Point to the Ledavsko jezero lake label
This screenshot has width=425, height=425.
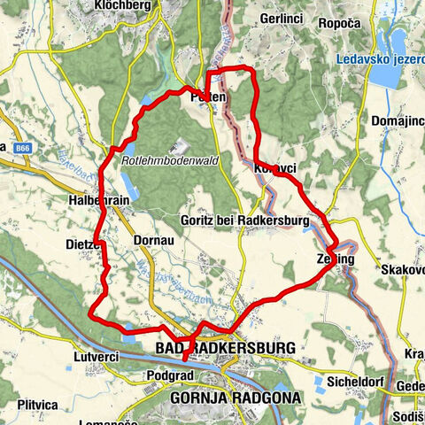[377, 60]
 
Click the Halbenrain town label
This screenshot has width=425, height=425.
[98, 201]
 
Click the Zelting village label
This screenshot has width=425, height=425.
[335, 259]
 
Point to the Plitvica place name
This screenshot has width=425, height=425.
[35, 404]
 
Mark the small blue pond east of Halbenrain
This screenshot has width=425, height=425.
[128, 186]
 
